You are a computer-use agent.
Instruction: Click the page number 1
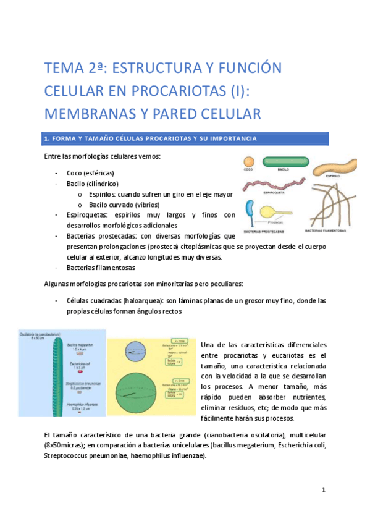click(x=323, y=490)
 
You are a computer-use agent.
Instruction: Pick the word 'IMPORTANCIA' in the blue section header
click(x=226, y=137)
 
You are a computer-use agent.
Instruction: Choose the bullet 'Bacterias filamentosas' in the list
click(x=101, y=268)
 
